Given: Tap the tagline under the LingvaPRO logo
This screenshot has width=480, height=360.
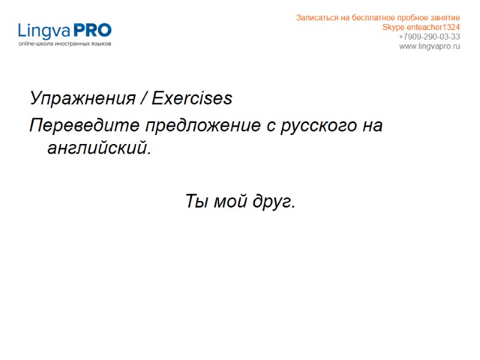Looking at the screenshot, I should coord(65,44).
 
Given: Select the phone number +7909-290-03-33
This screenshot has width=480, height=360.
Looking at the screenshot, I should coord(430,37).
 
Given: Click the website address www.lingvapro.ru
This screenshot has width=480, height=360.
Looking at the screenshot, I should coord(430,46).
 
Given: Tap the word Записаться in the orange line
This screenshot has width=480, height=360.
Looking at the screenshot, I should coord(316,17).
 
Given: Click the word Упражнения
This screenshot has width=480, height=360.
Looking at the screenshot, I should coord(83,98).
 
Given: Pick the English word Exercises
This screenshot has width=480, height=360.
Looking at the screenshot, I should coord(192,98).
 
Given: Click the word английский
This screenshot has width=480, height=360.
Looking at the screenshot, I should coord(98,148).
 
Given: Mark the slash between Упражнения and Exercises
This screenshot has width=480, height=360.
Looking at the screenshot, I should coord(143,98).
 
